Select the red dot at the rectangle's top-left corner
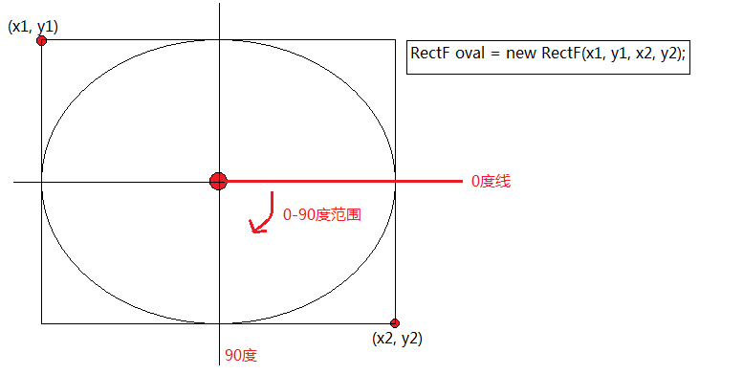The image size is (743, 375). coord(42,41)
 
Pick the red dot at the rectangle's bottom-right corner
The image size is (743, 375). coord(395,323)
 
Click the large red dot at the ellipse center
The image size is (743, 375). coord(218,181)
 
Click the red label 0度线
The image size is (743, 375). coord(491,181)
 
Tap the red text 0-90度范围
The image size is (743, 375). coord(322,214)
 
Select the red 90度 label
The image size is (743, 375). coord(241,355)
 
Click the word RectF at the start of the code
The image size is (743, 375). coord(429,54)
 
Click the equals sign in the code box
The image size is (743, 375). coord(495,54)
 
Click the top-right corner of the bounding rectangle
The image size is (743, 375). coord(395,40)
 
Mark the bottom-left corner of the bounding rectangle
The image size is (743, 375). coord(42,323)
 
